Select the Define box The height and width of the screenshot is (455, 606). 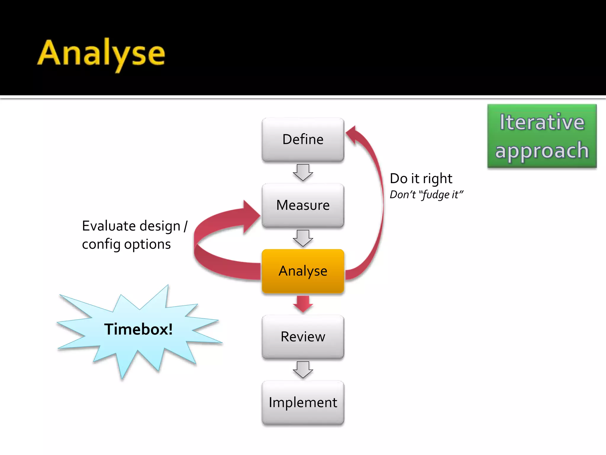pyautogui.click(x=303, y=140)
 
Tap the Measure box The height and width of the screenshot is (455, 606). pyautogui.click(x=303, y=205)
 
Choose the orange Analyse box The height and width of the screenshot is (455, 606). pyautogui.click(x=303, y=271)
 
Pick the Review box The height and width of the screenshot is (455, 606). pyautogui.click(x=303, y=337)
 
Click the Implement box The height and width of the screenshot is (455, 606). pyautogui.click(x=303, y=403)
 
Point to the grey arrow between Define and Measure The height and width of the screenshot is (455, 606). pyautogui.click(x=303, y=172)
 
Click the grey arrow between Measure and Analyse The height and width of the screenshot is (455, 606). pyautogui.click(x=303, y=238)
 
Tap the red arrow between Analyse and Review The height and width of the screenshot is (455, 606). pyautogui.click(x=303, y=304)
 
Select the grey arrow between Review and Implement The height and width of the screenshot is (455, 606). pyautogui.click(x=303, y=370)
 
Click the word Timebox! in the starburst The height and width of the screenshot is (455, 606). pyautogui.click(x=138, y=329)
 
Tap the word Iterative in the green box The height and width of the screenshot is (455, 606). pyautogui.click(x=542, y=122)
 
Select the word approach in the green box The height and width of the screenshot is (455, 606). pyautogui.click(x=542, y=150)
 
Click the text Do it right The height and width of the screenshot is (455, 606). pyautogui.click(x=421, y=179)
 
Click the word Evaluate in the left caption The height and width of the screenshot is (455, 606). pyautogui.click(x=109, y=226)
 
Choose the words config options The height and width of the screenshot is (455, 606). pyautogui.click(x=126, y=245)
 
